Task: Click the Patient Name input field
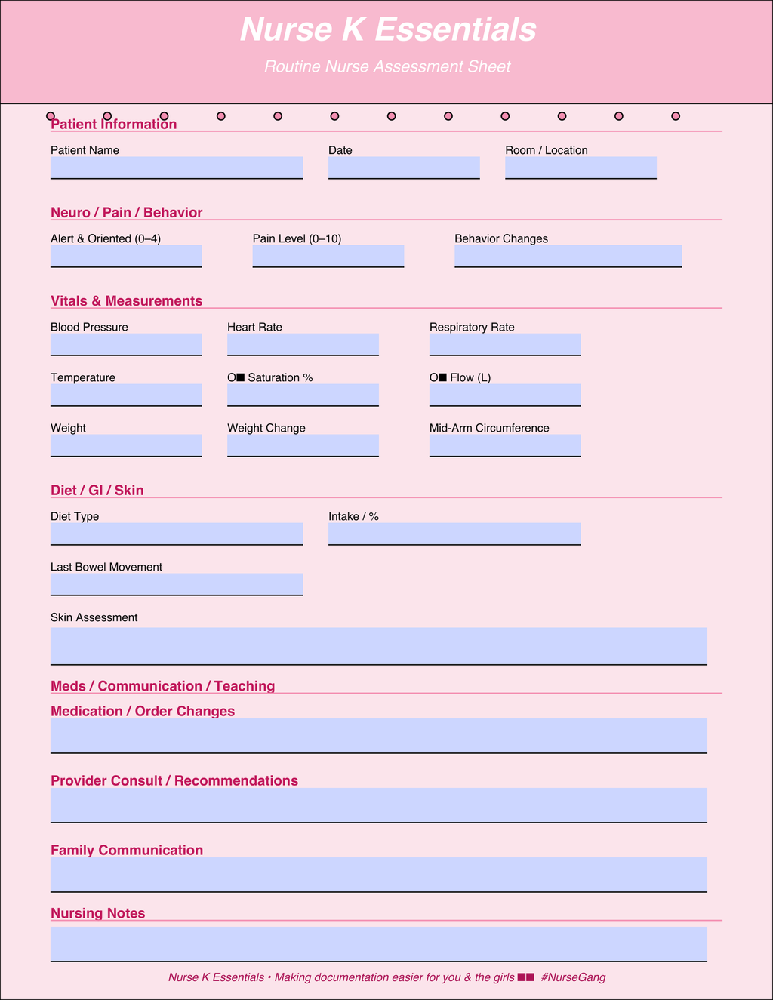coord(177,168)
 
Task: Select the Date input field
coord(404,168)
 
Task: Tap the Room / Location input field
coord(581,168)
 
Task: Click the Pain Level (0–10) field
coord(328,256)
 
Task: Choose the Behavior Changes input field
coord(568,256)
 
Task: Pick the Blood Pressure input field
coord(126,344)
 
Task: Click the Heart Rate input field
coord(303,344)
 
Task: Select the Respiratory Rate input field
coord(505,344)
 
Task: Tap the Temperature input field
coord(126,395)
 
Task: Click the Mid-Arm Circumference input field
coord(505,445)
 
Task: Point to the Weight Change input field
coord(303,445)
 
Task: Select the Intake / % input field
coord(454,534)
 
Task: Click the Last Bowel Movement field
coord(177,584)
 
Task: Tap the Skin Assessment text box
coord(379,646)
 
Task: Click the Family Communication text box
coord(379,875)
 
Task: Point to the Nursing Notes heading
coord(98,913)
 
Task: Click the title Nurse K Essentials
coord(388,30)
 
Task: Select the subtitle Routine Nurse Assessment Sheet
coord(387,66)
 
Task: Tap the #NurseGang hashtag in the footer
coord(573,977)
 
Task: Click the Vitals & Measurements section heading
coord(126,301)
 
